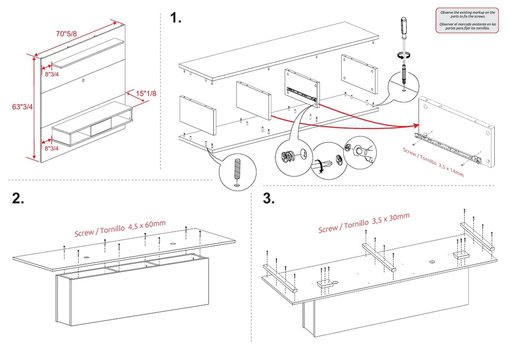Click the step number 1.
[176, 19]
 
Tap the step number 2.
[18, 199]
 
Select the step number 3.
[269, 198]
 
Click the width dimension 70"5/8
[66, 34]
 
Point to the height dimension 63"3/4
[22, 107]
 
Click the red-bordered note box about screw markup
[467, 20]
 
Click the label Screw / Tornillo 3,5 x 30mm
[364, 223]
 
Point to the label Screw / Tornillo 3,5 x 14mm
[433, 162]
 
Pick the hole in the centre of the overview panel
[83, 80]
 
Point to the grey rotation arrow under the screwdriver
[404, 55]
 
